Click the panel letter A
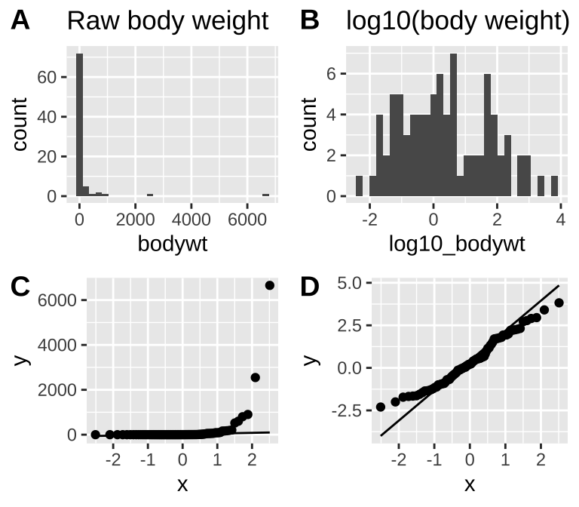tap(20, 20)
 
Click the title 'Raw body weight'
tap(167, 21)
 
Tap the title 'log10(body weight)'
tap(458, 21)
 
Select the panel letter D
tap(310, 287)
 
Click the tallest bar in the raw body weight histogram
tap(79, 124)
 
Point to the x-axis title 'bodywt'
tap(173, 244)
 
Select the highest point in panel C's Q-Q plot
tap(270, 285)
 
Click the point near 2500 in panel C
tap(255, 377)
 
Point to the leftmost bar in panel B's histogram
tap(359, 186)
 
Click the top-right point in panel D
tap(559, 303)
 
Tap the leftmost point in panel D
tap(381, 407)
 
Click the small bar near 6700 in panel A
tap(265, 195)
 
